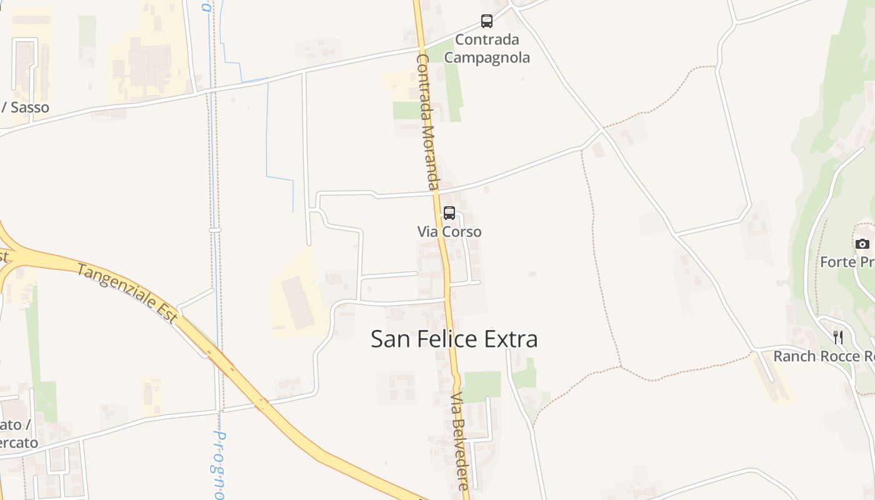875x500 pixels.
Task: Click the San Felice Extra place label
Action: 454,339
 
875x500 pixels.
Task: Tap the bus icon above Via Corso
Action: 449,213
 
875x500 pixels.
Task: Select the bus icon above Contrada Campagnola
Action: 487,21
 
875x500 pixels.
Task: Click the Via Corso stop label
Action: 449,232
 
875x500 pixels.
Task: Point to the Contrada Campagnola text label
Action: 487,49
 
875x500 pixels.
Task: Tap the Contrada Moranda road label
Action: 426,122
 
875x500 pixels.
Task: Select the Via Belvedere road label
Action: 459,441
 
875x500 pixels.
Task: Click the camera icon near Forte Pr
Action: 862,244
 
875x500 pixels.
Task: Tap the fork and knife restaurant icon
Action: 838,337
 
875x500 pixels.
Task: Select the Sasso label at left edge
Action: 28,107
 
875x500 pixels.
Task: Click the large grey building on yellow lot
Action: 297,302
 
